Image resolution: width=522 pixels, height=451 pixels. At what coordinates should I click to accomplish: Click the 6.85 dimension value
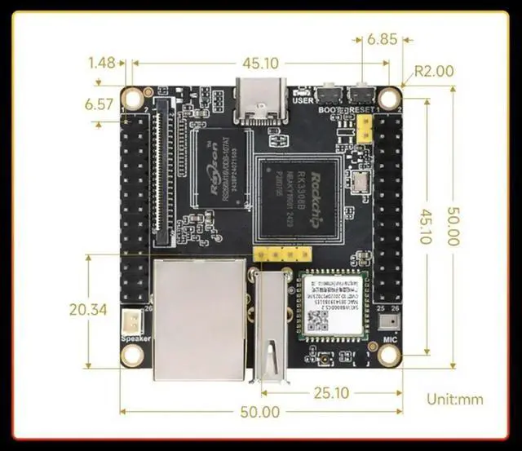tap(382, 39)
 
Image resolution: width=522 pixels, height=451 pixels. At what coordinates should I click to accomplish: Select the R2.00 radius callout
tap(433, 71)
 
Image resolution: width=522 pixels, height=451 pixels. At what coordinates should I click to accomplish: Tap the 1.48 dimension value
tap(103, 63)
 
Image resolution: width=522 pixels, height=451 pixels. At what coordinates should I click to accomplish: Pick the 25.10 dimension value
tap(330, 393)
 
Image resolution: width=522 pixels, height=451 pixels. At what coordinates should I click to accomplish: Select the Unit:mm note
tap(455, 400)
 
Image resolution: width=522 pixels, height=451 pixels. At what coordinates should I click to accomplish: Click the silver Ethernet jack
tap(199, 319)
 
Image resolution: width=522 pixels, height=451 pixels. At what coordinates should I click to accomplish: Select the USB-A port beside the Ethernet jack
tap(268, 326)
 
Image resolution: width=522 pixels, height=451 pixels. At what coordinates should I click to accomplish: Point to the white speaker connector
tap(131, 321)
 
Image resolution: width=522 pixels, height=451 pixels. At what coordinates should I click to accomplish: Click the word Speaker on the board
tap(134, 339)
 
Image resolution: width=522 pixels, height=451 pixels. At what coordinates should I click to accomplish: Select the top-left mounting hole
tap(131, 92)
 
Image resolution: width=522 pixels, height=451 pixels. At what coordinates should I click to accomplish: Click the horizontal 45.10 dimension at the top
tap(261, 63)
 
